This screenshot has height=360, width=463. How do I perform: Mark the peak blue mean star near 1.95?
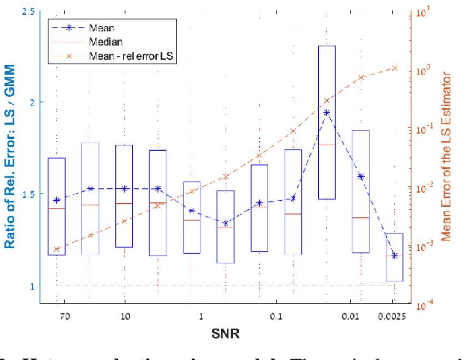(327, 113)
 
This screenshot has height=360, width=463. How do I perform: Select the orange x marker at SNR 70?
(57, 249)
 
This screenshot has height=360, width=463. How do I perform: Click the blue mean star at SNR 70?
(57, 200)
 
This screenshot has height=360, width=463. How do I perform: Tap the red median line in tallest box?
(327, 144)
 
